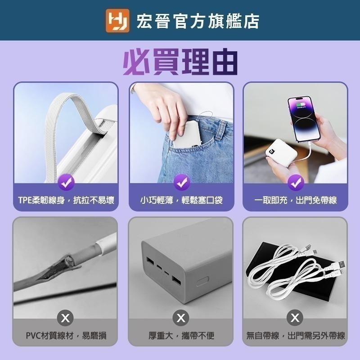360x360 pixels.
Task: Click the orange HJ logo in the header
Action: [117, 21]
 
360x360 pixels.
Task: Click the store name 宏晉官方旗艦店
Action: [198, 21]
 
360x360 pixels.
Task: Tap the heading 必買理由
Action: [180, 62]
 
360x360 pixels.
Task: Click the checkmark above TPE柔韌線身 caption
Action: [66, 183]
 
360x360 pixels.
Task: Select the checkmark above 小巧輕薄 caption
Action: [181, 183]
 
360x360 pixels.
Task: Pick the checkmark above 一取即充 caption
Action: [296, 183]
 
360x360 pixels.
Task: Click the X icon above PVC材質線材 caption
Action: [66, 319]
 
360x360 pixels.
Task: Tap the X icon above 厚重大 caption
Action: [181, 319]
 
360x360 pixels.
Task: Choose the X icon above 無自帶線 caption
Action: [296, 319]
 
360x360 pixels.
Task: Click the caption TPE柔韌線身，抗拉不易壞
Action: [66, 200]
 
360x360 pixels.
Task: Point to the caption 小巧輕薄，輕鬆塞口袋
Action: [181, 200]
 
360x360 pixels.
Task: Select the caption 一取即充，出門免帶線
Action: [296, 200]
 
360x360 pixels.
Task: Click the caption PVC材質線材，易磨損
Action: [66, 336]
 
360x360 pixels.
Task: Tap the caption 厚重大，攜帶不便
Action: [181, 336]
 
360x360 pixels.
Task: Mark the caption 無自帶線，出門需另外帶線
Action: [296, 336]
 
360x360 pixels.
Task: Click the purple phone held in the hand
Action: [304, 118]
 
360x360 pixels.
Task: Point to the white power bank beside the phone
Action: [278, 152]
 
